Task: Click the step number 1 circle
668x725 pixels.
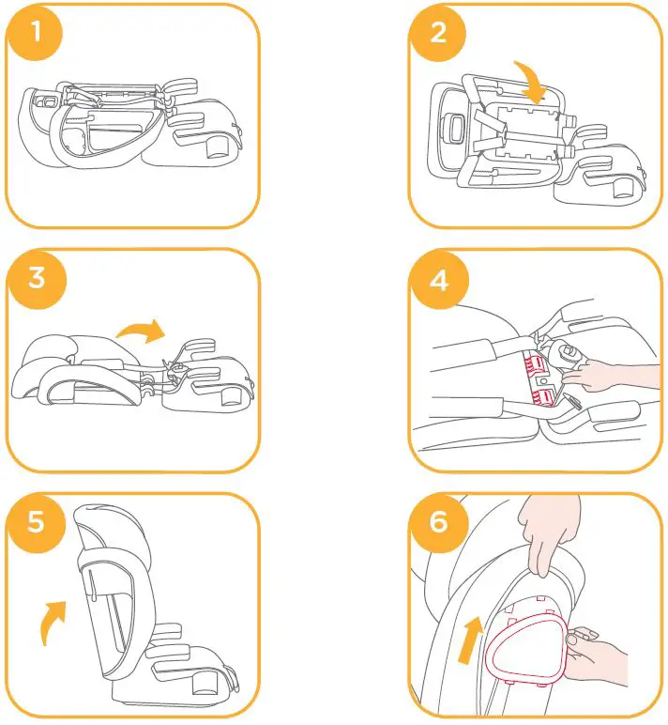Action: (35, 35)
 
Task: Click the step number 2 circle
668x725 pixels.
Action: (438, 35)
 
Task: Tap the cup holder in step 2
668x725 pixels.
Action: (622, 188)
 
